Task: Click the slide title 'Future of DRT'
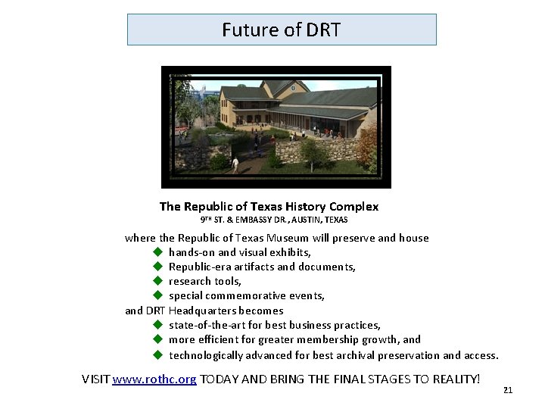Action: tap(282, 30)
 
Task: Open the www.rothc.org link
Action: tap(154, 379)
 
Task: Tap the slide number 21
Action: tap(508, 390)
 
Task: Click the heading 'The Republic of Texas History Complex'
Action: tap(269, 206)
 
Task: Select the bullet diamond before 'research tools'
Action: tap(158, 281)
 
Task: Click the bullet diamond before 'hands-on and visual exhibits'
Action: tap(158, 252)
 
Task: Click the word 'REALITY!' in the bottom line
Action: tap(456, 379)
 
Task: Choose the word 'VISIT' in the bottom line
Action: tap(95, 379)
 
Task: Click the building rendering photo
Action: tap(276, 126)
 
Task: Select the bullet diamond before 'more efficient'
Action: tap(158, 339)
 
